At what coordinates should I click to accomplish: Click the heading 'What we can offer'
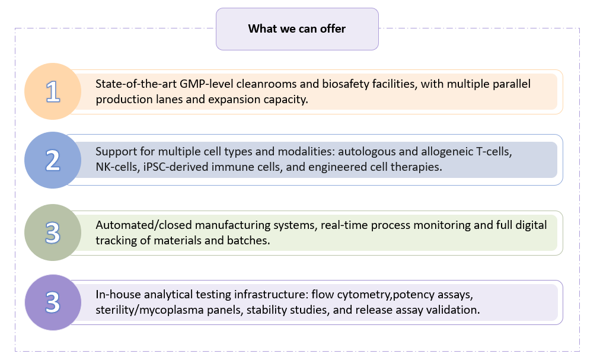pyautogui.click(x=296, y=28)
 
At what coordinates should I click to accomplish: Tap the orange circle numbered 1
pyautogui.click(x=53, y=92)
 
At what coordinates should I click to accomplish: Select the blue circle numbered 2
pyautogui.click(x=53, y=160)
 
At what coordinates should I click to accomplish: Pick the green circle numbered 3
pyautogui.click(x=53, y=233)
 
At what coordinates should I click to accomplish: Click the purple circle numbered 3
pyautogui.click(x=53, y=302)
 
